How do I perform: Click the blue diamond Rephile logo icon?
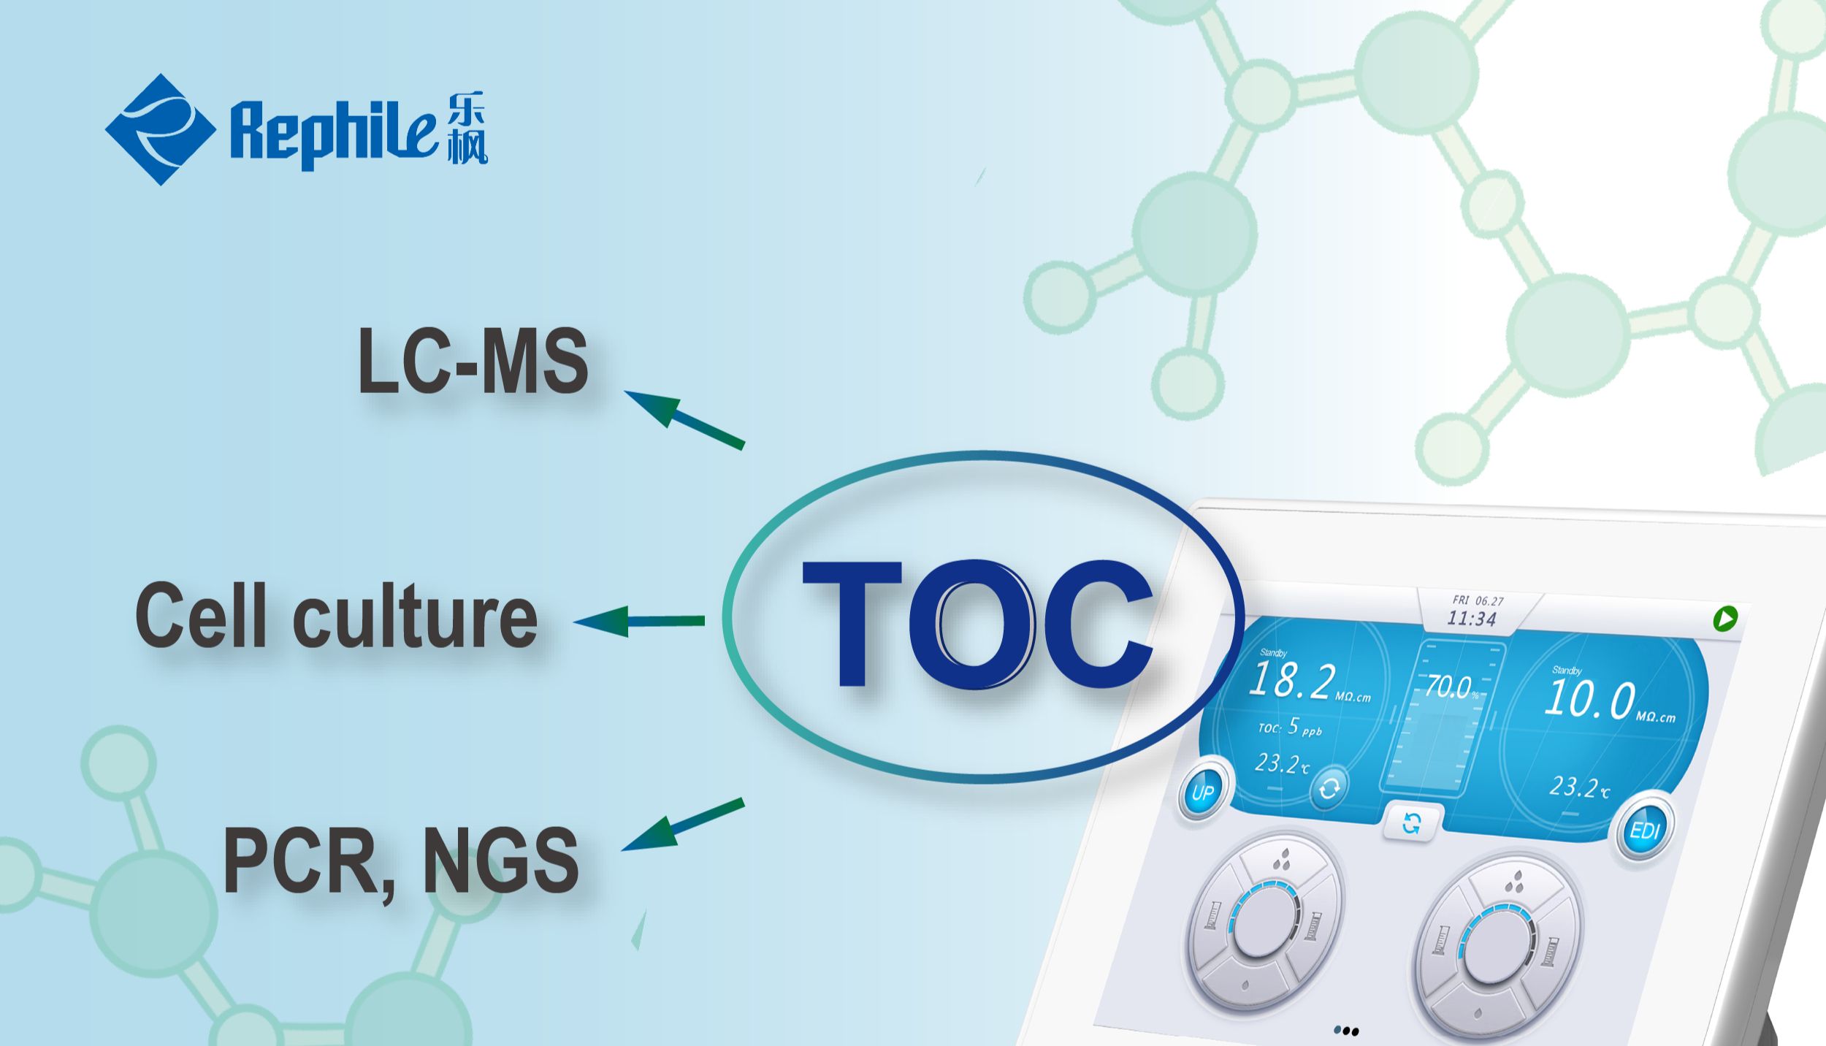[x=160, y=129]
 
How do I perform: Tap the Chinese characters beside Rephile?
[x=466, y=128]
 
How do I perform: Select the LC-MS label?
[x=473, y=361]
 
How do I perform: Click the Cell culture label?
[x=336, y=616]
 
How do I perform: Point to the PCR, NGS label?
[x=400, y=860]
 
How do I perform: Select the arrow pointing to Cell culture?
[x=639, y=621]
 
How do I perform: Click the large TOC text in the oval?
[x=977, y=625]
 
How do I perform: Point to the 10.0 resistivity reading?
[x=1589, y=699]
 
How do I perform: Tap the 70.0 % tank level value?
[x=1449, y=687]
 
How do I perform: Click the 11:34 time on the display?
[x=1472, y=619]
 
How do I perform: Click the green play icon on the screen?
[x=1725, y=619]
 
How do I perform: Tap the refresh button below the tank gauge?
[x=1412, y=824]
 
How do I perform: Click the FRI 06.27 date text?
[x=1478, y=600]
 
